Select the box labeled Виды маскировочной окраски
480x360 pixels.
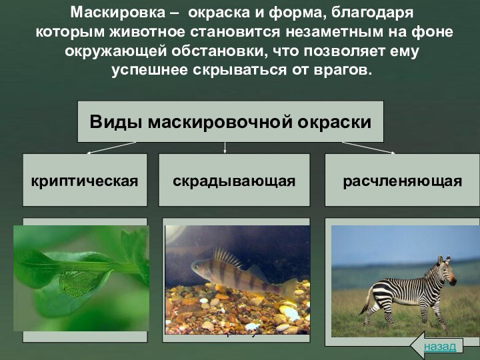[x=231, y=122]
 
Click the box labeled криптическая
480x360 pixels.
[x=85, y=180]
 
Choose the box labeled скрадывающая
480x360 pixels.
[x=234, y=180]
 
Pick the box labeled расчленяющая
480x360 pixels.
[x=403, y=180]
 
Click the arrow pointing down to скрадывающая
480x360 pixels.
[x=225, y=147]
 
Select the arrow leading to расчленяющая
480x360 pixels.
[x=368, y=147]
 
